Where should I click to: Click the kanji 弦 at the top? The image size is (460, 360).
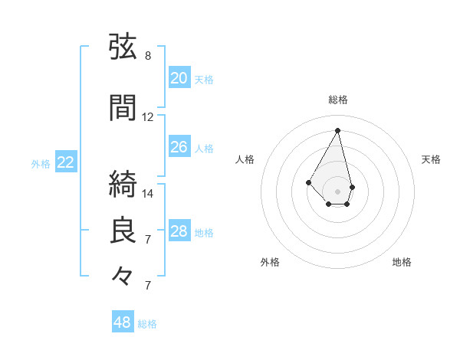(x=123, y=46)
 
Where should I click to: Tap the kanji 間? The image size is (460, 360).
(x=123, y=107)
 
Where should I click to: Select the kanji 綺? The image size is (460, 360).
(x=123, y=184)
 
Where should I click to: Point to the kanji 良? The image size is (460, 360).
(x=123, y=230)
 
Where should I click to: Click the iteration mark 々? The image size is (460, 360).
(x=122, y=276)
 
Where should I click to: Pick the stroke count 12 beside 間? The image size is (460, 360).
(x=147, y=117)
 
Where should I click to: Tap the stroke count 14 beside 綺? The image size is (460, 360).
(x=147, y=194)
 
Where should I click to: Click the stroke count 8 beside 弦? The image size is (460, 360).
(x=148, y=56)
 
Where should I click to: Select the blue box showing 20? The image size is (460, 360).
(x=179, y=77)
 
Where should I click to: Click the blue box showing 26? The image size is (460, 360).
(x=179, y=146)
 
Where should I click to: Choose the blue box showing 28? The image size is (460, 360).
(x=179, y=230)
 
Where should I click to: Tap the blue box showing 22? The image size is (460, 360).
(x=66, y=162)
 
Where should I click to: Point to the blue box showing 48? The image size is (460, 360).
(x=123, y=321)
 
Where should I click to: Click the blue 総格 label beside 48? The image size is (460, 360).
(x=147, y=324)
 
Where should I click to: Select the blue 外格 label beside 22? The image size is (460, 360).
(x=41, y=164)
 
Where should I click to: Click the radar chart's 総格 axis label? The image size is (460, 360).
(x=338, y=100)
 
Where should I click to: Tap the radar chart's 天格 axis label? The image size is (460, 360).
(x=431, y=159)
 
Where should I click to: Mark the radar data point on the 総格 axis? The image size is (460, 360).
(x=337, y=130)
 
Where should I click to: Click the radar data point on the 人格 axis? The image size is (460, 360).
(x=308, y=182)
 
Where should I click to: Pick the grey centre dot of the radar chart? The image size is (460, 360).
(x=337, y=191)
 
